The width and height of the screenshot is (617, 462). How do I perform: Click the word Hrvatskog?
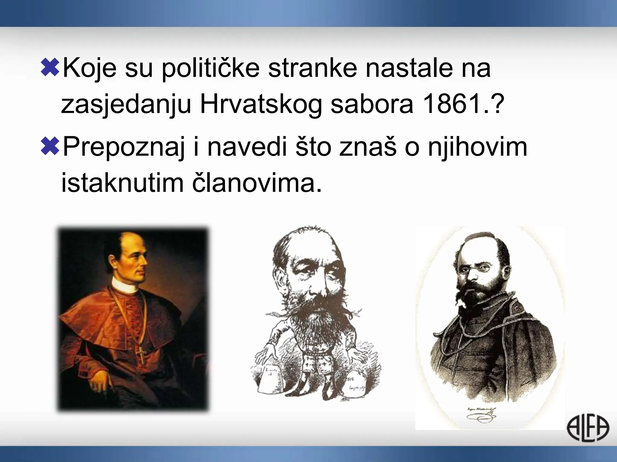pyautogui.click(x=261, y=104)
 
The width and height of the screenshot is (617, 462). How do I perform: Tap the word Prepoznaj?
pyautogui.click(x=124, y=147)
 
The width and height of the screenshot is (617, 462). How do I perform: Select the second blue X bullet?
pyautogui.click(x=50, y=146)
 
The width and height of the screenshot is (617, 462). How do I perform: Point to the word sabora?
pyautogui.click(x=372, y=104)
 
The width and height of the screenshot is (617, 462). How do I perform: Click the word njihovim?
pyautogui.click(x=478, y=147)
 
